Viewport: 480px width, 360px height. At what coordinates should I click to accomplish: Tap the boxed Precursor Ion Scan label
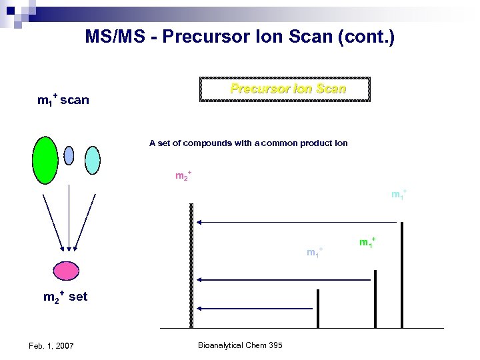(x=287, y=89)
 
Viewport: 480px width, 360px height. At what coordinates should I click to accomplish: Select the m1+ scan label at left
(x=63, y=101)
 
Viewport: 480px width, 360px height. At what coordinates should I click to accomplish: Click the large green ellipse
(x=45, y=159)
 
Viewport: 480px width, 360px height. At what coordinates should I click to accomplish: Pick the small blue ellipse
(x=69, y=155)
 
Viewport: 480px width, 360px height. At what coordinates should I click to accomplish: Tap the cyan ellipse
(x=93, y=160)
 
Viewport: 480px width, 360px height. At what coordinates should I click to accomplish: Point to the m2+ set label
(x=65, y=297)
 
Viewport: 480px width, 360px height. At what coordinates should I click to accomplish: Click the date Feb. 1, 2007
(x=51, y=345)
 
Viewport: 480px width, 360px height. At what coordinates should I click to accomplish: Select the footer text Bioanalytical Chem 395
(x=240, y=345)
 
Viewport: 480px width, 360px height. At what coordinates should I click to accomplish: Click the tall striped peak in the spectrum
(x=191, y=267)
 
